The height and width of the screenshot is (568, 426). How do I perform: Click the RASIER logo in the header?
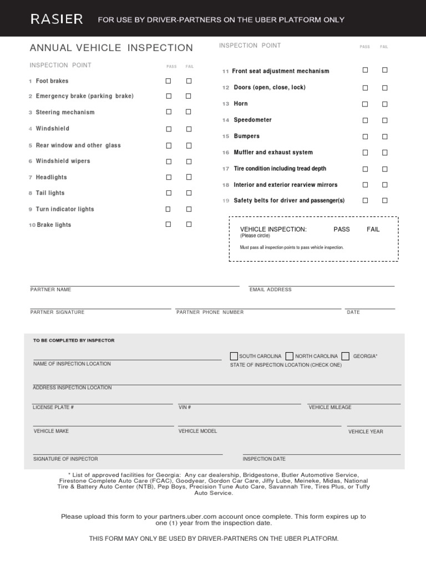(x=57, y=19)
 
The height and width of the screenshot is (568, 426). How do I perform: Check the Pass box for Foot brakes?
(x=169, y=81)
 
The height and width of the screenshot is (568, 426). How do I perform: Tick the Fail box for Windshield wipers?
(x=189, y=161)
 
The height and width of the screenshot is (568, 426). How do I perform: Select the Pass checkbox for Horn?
(x=365, y=104)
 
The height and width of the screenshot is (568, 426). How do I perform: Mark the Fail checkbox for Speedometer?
(x=384, y=120)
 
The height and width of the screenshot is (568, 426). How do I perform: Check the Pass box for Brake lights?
(x=169, y=225)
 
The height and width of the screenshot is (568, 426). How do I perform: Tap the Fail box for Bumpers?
(x=384, y=136)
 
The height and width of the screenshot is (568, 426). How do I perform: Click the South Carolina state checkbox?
(x=234, y=356)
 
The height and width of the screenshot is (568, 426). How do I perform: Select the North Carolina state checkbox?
(x=290, y=356)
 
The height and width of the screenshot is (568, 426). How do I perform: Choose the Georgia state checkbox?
(x=346, y=356)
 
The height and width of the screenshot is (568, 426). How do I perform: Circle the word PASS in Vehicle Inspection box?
(x=342, y=229)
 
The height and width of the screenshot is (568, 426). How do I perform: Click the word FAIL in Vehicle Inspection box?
(x=373, y=229)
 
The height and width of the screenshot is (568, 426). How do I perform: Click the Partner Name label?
(x=50, y=290)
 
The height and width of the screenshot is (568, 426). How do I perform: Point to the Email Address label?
(x=270, y=290)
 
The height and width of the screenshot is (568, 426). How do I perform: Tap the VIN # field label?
(x=185, y=407)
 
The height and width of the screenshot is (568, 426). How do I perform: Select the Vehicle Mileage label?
(x=330, y=407)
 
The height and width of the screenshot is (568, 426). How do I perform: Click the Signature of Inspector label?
(x=65, y=459)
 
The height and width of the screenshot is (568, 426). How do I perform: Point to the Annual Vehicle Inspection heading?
(x=111, y=48)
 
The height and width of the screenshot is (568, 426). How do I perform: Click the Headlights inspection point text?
(x=51, y=177)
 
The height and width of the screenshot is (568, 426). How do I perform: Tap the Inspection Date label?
(x=264, y=459)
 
